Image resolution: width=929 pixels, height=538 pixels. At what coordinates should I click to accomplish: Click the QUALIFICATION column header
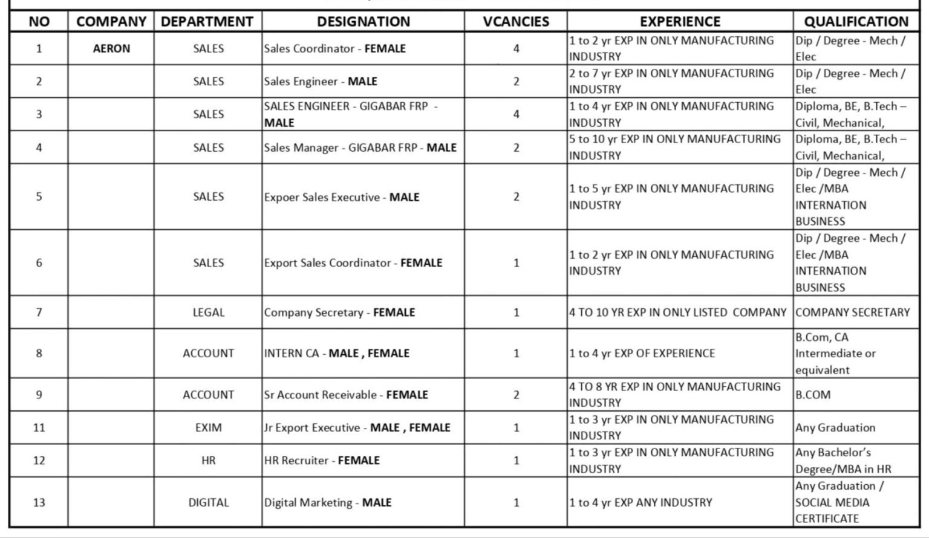point(856,22)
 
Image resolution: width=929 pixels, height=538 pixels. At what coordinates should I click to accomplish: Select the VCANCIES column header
point(516,22)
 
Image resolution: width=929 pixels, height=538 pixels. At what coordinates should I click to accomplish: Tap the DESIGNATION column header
point(363,22)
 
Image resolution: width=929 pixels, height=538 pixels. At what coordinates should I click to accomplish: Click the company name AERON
point(111,48)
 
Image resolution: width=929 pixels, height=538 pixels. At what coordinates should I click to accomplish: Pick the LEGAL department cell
point(208,313)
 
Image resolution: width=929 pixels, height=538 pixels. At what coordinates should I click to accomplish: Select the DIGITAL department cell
point(208,502)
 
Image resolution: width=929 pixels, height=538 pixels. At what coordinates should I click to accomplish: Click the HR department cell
point(208,461)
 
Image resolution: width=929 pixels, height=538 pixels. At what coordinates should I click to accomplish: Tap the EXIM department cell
point(208,427)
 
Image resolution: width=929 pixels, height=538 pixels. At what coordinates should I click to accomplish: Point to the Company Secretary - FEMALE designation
point(339,313)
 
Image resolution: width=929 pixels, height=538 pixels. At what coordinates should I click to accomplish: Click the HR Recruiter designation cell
point(322,461)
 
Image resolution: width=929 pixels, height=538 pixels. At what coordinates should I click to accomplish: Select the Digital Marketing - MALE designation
point(328,502)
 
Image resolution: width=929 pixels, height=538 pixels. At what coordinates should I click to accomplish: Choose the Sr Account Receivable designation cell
point(346,395)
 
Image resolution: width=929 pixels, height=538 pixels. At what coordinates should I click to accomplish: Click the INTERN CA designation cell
point(336,353)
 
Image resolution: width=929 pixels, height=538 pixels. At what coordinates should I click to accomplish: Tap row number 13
point(39,502)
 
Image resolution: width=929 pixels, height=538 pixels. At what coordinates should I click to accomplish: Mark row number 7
point(39,313)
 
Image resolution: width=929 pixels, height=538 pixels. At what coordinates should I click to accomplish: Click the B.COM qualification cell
point(813,395)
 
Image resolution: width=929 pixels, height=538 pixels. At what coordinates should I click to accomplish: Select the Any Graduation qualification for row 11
point(835,427)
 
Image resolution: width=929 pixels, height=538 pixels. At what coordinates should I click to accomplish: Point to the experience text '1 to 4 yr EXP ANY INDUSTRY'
point(641,502)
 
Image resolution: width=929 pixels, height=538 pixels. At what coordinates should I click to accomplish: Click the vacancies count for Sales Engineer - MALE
point(516,82)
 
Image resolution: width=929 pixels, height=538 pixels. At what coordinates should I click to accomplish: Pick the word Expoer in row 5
point(280,197)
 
